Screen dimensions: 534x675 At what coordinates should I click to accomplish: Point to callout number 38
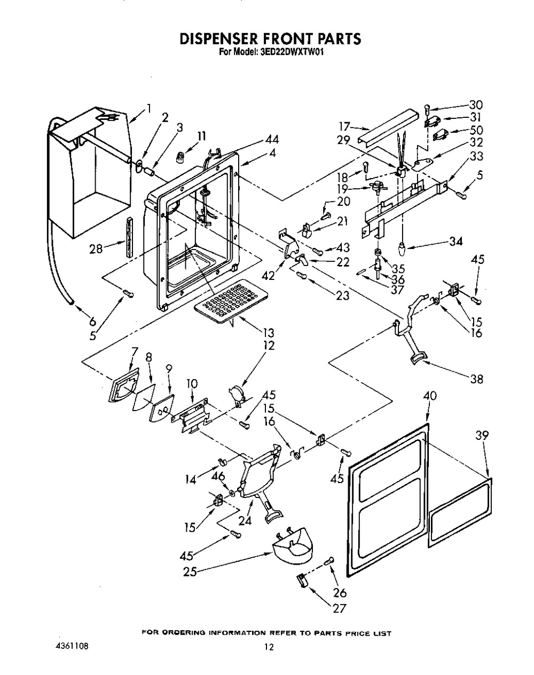pyautogui.click(x=476, y=380)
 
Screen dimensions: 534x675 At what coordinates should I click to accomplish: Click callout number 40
pyautogui.click(x=430, y=396)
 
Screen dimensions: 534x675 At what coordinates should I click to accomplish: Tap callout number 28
pyautogui.click(x=96, y=249)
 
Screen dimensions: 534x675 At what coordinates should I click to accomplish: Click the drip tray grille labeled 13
pyautogui.click(x=231, y=301)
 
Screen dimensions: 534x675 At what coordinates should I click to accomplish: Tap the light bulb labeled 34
pyautogui.click(x=402, y=250)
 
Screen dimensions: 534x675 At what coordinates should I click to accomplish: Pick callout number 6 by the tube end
pyautogui.click(x=92, y=320)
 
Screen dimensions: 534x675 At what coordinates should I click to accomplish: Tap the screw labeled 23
pyautogui.click(x=302, y=276)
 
